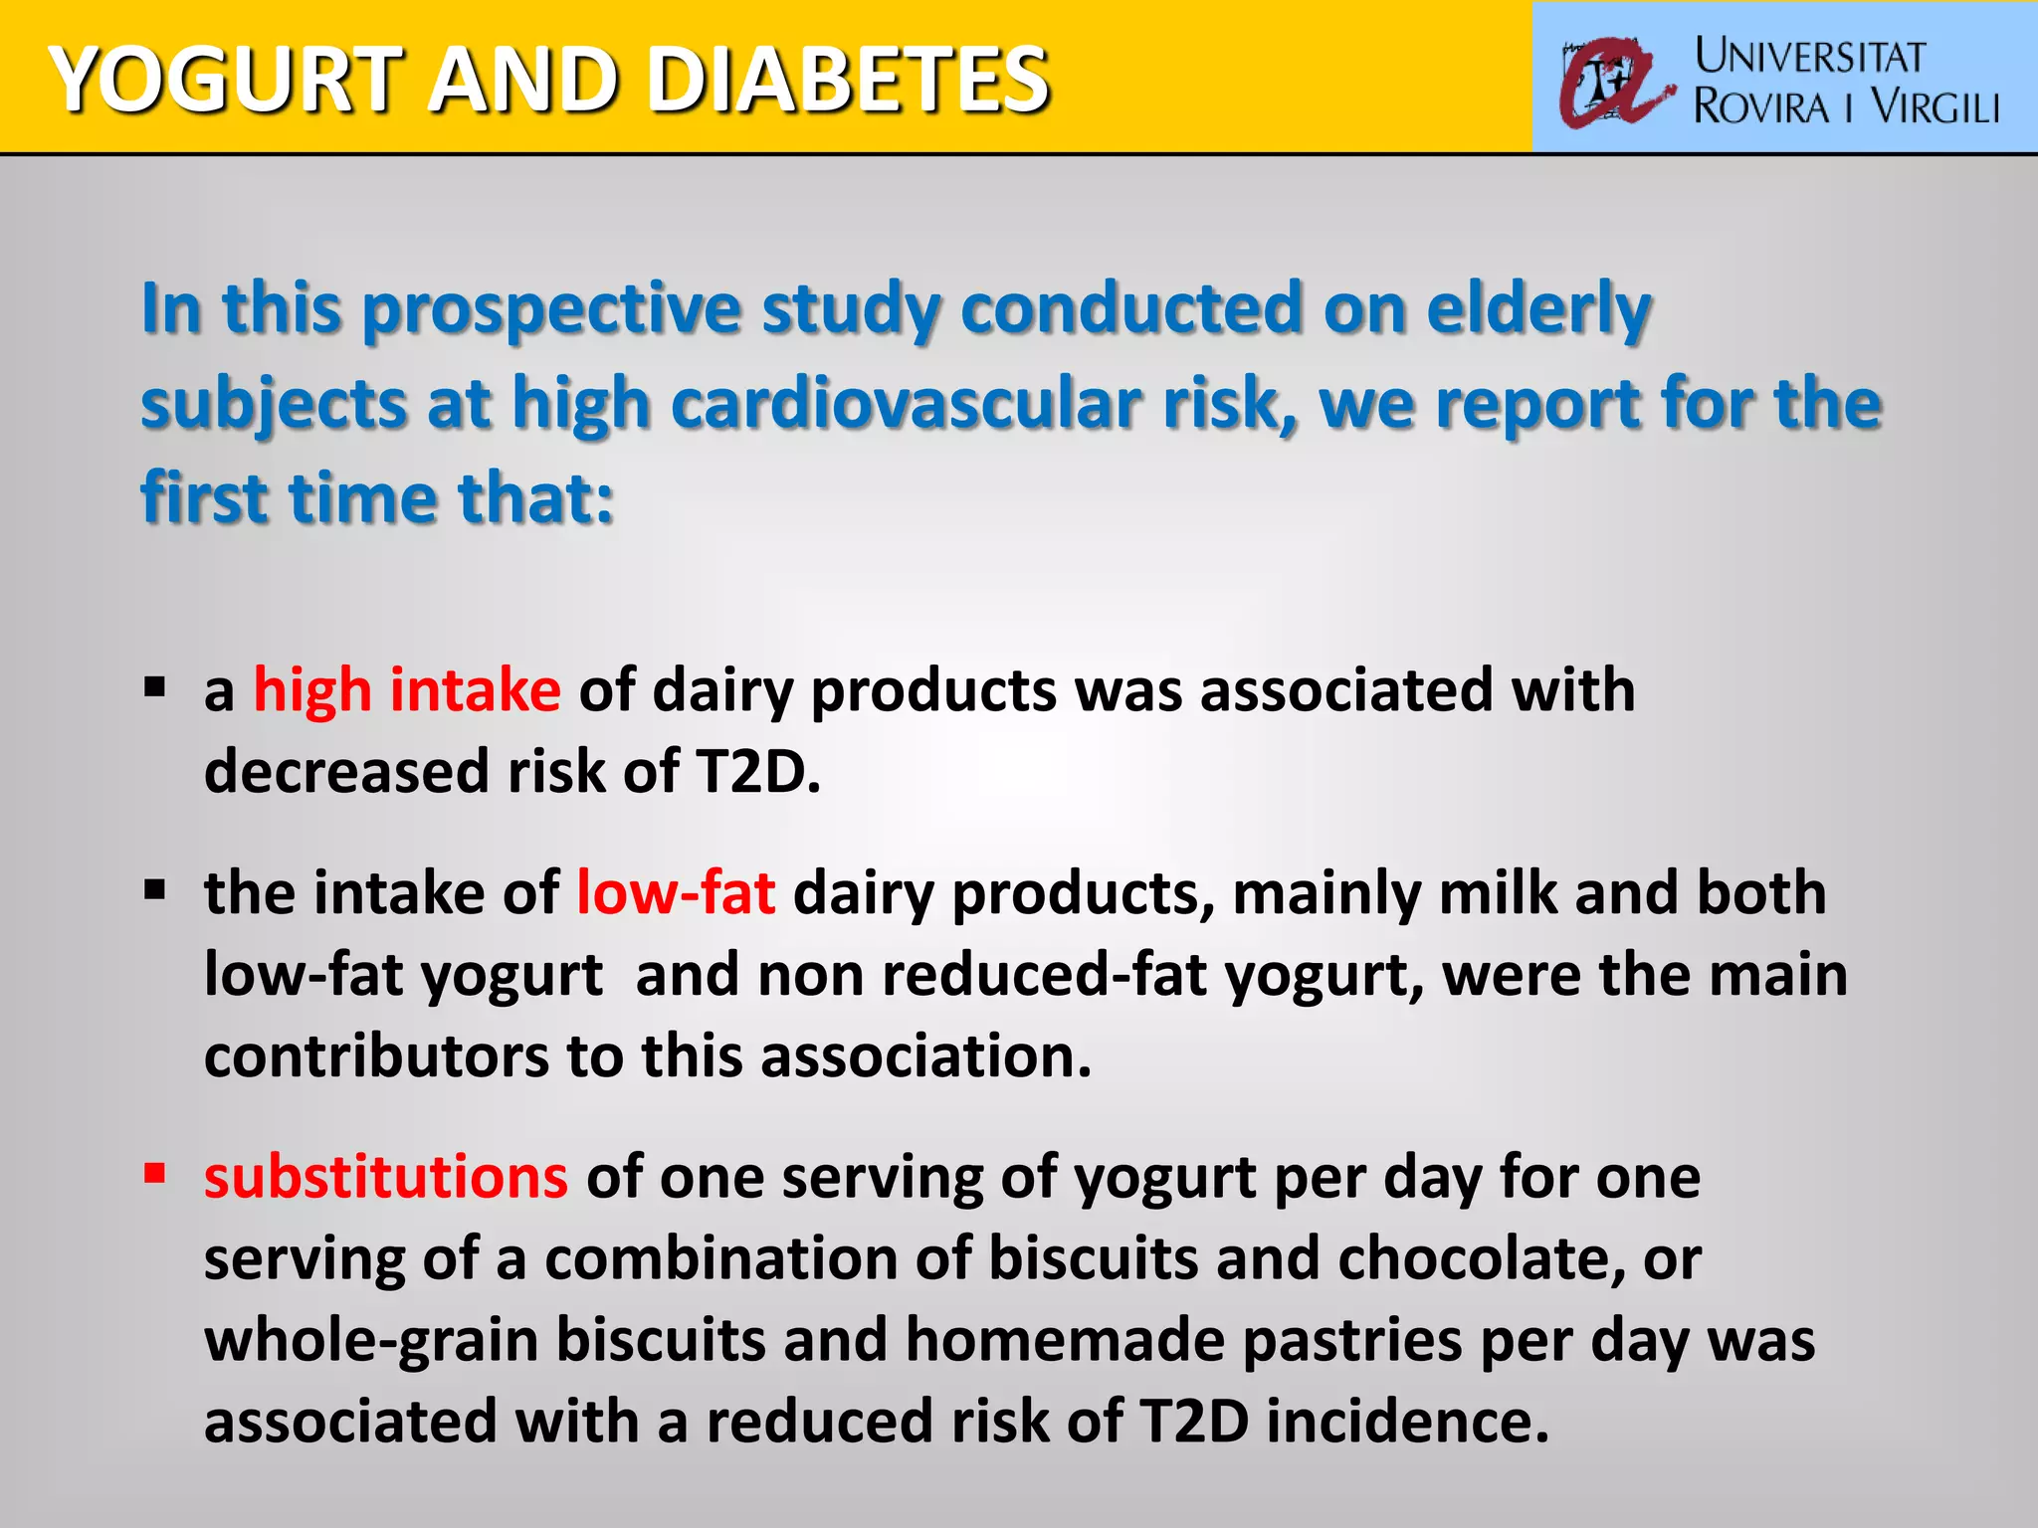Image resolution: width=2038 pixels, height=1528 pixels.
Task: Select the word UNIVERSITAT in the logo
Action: [x=1809, y=57]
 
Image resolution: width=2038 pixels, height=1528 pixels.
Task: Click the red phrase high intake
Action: [x=407, y=689]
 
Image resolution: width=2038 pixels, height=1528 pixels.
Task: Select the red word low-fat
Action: [x=676, y=892]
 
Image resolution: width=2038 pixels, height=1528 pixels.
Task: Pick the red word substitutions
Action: [x=386, y=1177]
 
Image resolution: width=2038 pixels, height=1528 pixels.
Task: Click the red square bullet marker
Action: [x=154, y=1174]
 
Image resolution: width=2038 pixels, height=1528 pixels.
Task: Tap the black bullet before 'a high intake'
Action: [x=154, y=687]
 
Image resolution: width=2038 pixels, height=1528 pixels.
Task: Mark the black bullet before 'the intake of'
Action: [x=154, y=889]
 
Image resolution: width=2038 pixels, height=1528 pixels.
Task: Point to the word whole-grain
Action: [x=371, y=1340]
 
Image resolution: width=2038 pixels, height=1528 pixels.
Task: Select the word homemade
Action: [x=1065, y=1340]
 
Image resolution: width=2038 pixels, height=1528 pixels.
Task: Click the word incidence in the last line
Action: [x=1407, y=1422]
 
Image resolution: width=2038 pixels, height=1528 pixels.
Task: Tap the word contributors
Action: [x=376, y=1055]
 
